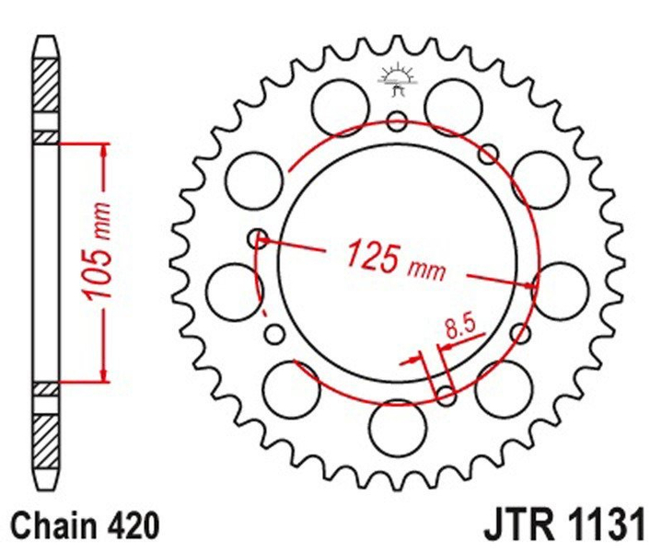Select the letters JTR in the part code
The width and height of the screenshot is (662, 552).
pyautogui.click(x=517, y=527)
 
